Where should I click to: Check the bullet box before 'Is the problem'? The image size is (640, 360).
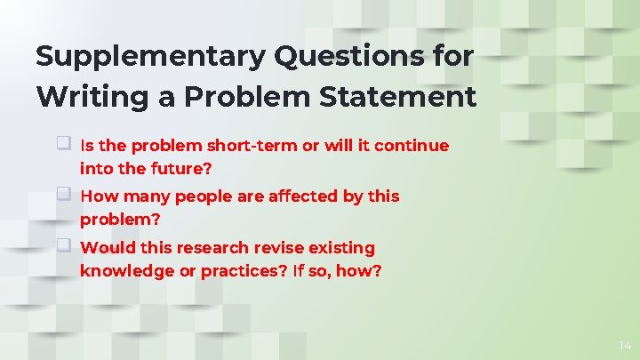click(64, 143)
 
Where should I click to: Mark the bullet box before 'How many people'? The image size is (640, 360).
click(64, 194)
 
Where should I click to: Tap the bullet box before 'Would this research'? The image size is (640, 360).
click(64, 245)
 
